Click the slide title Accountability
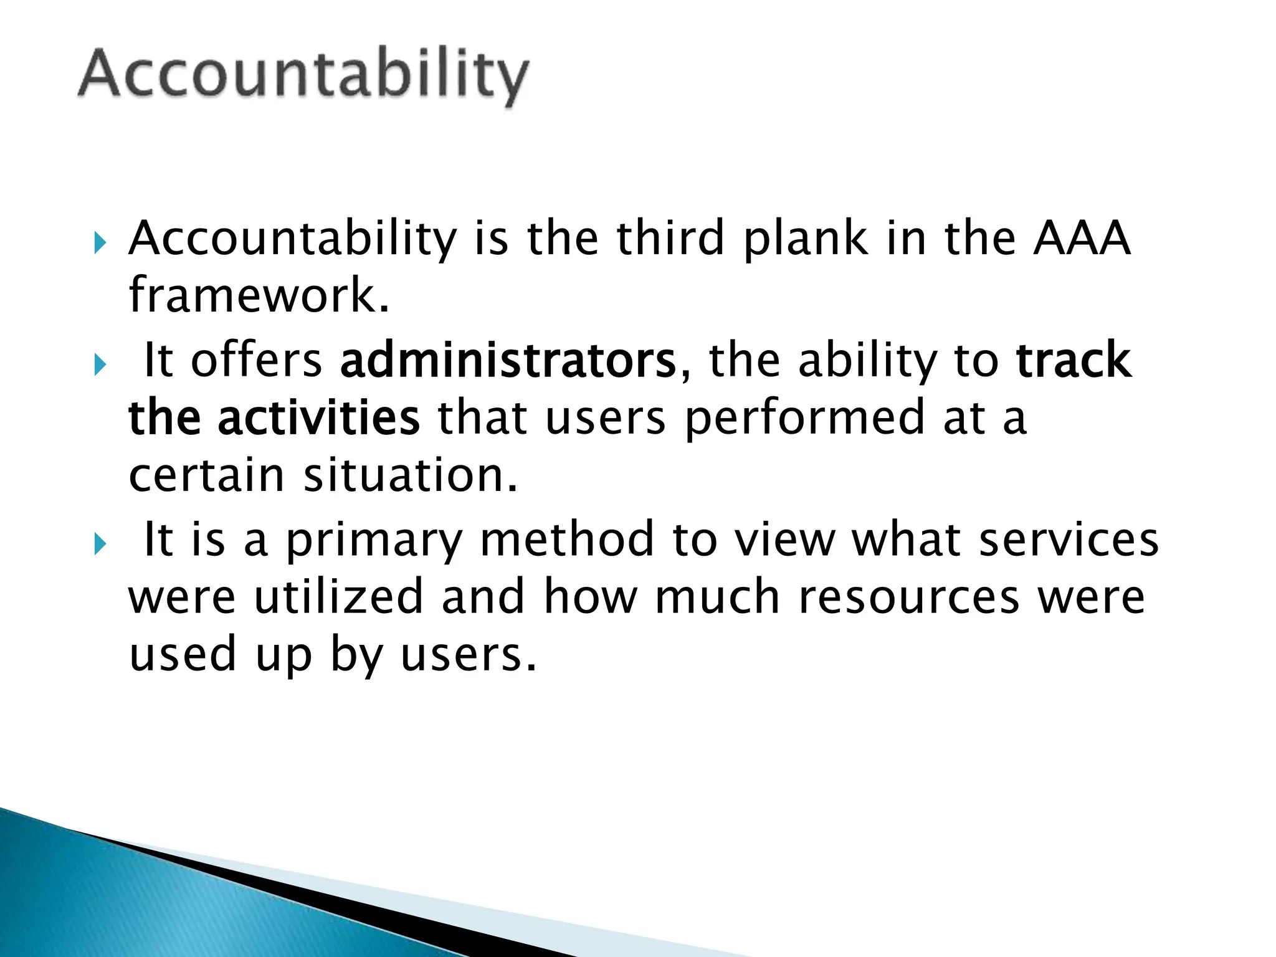[303, 76]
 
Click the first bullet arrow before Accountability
[100, 242]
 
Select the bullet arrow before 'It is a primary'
[100, 544]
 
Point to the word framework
[259, 295]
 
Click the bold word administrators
[508, 360]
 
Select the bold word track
[1074, 360]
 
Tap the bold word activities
[318, 418]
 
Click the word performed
[805, 418]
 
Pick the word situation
[411, 475]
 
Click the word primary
[374, 540]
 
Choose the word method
[567, 539]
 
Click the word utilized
[339, 597]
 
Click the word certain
[206, 475]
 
